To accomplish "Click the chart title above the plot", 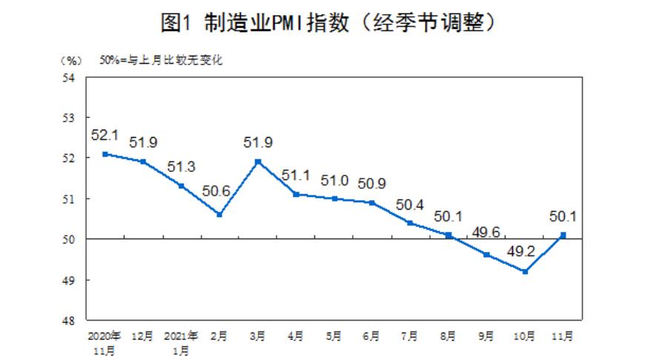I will [327, 22].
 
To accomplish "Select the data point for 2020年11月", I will [105, 154].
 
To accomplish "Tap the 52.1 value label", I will [105, 136].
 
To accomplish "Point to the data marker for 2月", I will [220, 215].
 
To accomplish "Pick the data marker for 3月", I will [258, 161].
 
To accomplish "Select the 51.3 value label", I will [182, 167].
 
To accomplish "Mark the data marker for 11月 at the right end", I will [563, 235].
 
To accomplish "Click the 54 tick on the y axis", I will [71, 77].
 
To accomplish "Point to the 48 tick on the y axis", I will [71, 321].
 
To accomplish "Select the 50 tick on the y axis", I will [71, 239].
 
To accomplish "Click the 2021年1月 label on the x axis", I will [182, 341].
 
